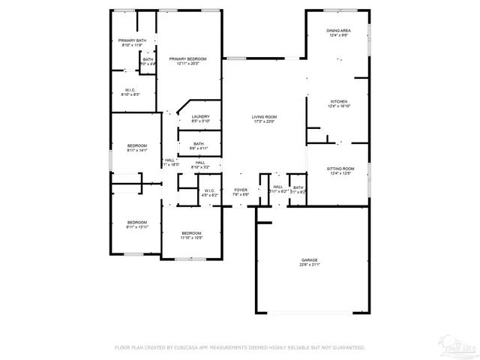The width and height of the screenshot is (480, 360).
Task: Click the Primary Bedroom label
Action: coord(187,58)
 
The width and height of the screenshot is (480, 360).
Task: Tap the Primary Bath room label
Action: coord(132,40)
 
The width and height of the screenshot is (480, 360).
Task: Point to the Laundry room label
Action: coord(200,116)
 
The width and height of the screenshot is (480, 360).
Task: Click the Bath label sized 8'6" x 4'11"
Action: coord(198,144)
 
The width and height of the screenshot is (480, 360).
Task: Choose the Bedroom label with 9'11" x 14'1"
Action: coord(136,145)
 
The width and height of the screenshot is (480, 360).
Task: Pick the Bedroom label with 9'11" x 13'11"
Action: coord(136,221)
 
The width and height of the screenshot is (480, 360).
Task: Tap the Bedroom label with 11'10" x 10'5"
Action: coord(191,233)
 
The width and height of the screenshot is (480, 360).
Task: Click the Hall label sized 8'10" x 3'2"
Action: coord(201,162)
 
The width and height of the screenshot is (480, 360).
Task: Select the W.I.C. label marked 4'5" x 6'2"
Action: coord(210,190)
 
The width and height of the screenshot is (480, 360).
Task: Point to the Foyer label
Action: coord(240,190)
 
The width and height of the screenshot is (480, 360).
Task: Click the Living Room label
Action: coord(264,116)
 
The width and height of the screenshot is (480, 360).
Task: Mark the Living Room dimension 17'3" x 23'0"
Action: coord(264,121)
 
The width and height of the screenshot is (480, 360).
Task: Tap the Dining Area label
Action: coord(337,30)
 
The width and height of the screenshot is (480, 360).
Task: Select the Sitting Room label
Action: coord(340,169)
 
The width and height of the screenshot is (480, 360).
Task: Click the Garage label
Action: coord(310,259)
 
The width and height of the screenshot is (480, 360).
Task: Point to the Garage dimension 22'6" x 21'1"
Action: coord(310,265)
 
